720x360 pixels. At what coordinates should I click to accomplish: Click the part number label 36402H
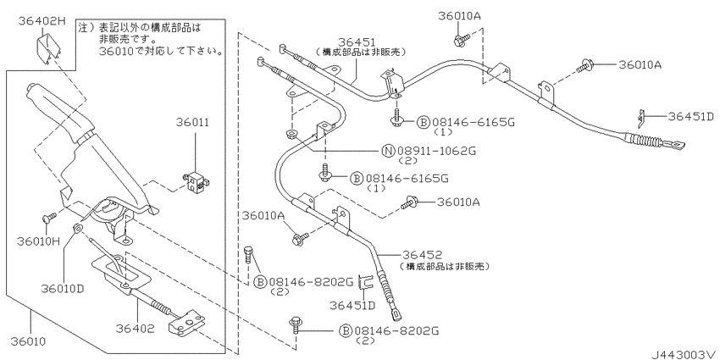[x=42, y=21]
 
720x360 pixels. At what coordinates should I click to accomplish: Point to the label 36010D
[x=62, y=289]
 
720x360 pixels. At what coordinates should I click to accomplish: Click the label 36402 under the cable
[x=135, y=329]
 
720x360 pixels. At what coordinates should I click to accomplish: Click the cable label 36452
[x=423, y=255]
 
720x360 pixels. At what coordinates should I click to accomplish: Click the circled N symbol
[x=389, y=150]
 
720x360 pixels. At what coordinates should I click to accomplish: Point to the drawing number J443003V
[x=684, y=354]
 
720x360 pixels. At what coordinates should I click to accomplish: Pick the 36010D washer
[x=77, y=228]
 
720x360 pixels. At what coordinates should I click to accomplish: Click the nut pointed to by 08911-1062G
[x=291, y=135]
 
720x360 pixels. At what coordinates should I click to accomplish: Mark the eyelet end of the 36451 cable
[x=678, y=146]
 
